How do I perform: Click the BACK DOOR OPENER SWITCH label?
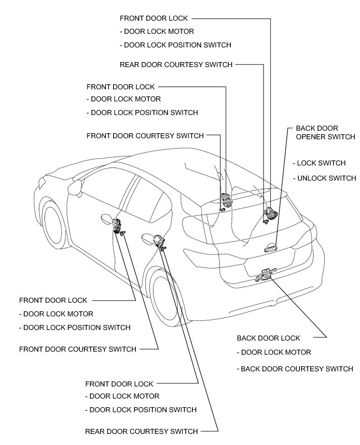coord(325,133)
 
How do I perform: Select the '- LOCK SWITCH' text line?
coord(321,163)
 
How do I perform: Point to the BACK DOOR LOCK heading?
coord(268,338)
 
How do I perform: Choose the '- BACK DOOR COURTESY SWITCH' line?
coord(295,369)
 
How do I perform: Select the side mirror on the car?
coord(76,188)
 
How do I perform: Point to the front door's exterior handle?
coord(107,218)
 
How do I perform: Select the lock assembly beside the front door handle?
coord(118,225)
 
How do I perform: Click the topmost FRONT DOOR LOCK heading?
coord(153,18)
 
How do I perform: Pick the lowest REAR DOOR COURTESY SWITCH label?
coord(141,431)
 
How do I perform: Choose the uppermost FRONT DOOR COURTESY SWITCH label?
coord(145,136)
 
